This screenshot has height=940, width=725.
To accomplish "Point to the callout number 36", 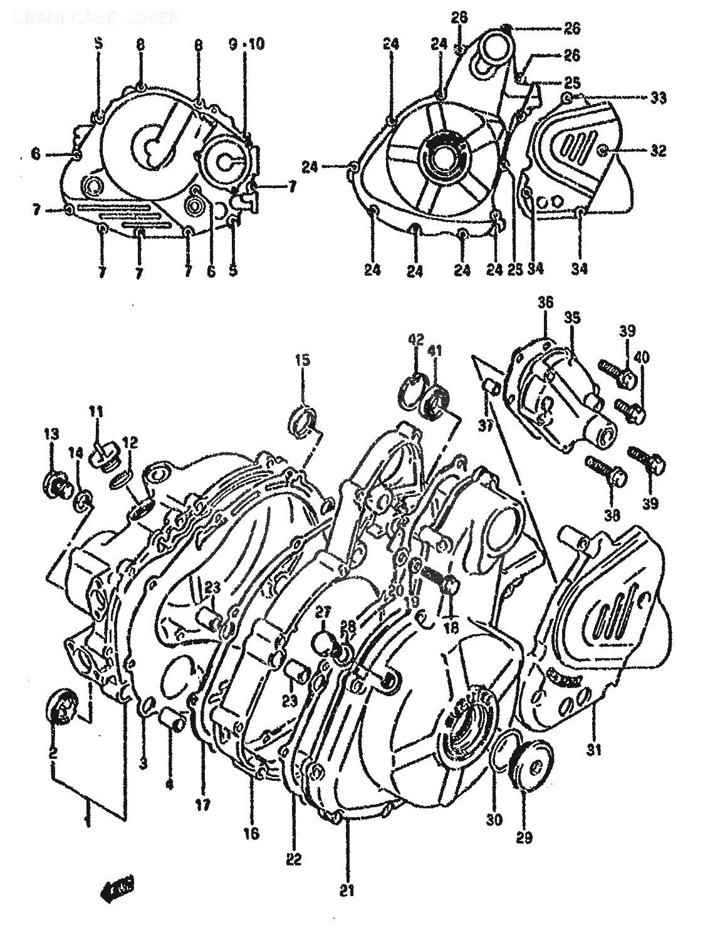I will [545, 302].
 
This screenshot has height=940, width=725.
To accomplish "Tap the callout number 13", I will [51, 434].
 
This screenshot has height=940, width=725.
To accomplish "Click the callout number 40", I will [642, 357].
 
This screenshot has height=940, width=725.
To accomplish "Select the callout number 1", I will [87, 818].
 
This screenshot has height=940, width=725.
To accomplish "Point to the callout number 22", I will [295, 858].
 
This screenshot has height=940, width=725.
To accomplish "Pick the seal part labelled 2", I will [61, 706].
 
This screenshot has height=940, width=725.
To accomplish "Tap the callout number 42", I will [417, 340].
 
